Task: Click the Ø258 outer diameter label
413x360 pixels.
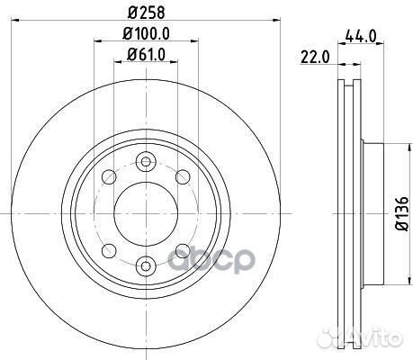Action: coord(147,13)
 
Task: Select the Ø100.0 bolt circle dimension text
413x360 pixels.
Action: coord(147,33)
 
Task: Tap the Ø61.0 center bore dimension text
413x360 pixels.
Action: coord(146,55)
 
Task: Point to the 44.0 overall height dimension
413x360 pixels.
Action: coord(361,37)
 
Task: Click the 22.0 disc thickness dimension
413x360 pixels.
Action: coord(315,58)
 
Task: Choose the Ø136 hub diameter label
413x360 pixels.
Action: coord(401,213)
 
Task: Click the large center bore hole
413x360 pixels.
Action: coord(146,213)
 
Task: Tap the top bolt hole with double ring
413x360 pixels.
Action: coord(146,162)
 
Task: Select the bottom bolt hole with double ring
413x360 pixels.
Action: coord(146,265)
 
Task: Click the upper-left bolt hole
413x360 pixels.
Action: coord(109,177)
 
